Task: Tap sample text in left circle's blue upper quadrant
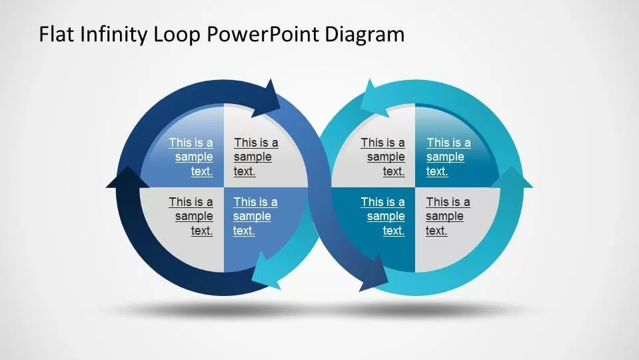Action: tap(191, 157)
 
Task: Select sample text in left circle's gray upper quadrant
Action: tap(255, 157)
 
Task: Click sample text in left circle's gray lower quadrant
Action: tap(191, 216)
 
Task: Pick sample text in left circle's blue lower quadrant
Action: tap(255, 216)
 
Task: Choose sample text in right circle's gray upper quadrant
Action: tap(383, 157)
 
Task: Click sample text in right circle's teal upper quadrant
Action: tap(448, 157)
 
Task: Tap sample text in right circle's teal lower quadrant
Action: tap(383, 216)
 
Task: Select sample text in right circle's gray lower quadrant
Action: tap(447, 216)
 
